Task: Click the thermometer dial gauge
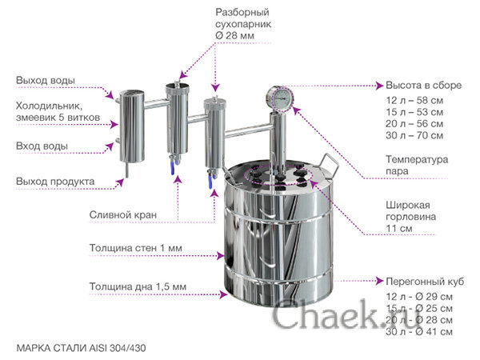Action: click(x=280, y=98)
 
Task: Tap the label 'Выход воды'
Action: click(x=46, y=81)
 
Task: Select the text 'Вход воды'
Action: click(x=42, y=146)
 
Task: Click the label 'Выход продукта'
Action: click(x=55, y=182)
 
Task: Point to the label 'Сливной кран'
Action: click(x=122, y=215)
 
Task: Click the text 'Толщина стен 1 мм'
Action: click(x=136, y=248)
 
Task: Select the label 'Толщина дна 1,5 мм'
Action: click(x=138, y=286)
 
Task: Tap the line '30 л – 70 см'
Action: click(x=414, y=135)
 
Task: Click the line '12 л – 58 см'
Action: click(x=414, y=101)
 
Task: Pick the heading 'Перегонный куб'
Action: click(x=425, y=282)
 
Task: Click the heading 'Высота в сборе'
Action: click(x=423, y=85)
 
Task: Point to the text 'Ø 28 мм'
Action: click(x=234, y=35)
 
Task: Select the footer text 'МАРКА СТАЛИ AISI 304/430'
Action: click(x=81, y=348)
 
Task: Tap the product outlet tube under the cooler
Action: click(x=126, y=170)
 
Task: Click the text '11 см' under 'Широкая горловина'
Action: click(x=399, y=228)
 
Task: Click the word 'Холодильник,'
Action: click(x=49, y=106)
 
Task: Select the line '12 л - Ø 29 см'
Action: click(x=419, y=297)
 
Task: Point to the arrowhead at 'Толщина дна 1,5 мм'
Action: click(x=224, y=294)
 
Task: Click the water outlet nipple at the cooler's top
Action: click(x=118, y=101)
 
